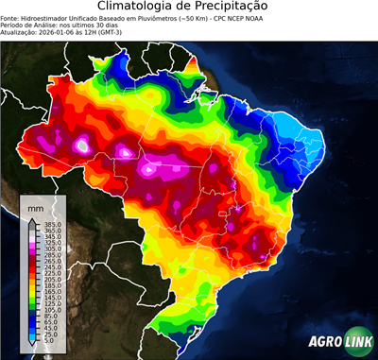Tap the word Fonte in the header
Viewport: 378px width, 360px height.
coord(10,19)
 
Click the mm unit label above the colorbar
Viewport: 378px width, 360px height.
coord(36,206)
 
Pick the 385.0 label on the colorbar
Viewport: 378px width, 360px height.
coord(50,223)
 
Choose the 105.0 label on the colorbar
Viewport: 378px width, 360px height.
coord(50,309)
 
